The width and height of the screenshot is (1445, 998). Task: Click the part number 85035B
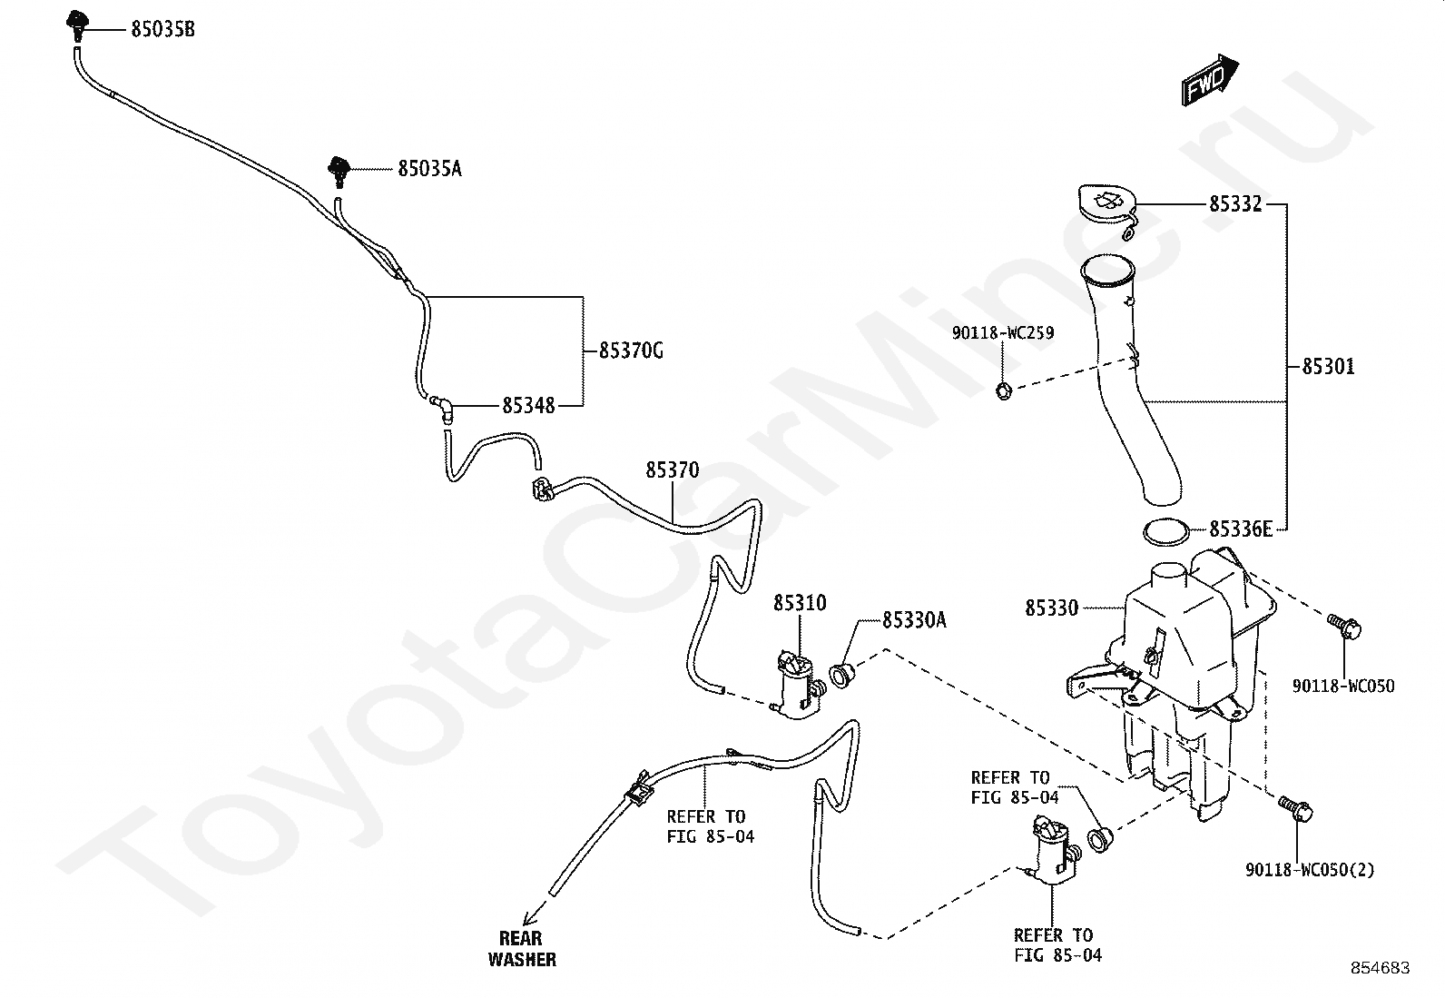click(x=162, y=30)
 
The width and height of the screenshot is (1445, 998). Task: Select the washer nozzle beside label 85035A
click(x=339, y=169)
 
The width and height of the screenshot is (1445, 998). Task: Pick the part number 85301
click(x=1328, y=367)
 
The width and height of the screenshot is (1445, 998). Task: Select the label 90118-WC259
click(x=1003, y=333)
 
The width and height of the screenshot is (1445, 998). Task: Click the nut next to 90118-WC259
click(x=1003, y=391)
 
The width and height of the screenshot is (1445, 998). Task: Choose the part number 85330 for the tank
click(x=1052, y=608)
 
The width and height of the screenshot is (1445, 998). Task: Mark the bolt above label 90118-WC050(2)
click(x=1294, y=807)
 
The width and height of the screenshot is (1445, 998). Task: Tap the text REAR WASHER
click(x=522, y=949)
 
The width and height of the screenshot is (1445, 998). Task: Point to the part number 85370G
click(x=631, y=350)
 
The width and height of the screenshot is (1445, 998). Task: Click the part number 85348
click(x=528, y=405)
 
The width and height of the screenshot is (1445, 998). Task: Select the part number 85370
click(x=673, y=470)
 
